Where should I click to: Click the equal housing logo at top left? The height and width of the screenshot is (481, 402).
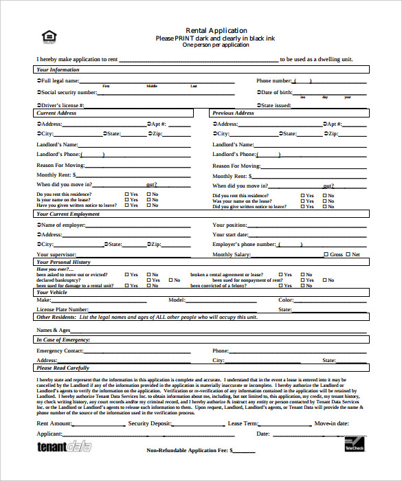[47, 37]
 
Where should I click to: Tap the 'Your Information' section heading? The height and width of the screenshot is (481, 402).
[58, 69]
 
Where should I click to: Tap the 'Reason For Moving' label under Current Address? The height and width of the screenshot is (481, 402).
[60, 166]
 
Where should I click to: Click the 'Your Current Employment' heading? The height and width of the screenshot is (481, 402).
[68, 214]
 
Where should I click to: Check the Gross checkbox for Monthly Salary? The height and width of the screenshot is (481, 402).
[326, 255]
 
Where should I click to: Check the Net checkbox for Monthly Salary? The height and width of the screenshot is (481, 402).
[348, 255]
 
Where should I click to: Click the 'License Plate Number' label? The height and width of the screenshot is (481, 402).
[62, 310]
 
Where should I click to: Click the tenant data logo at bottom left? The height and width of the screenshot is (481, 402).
[63, 446]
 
